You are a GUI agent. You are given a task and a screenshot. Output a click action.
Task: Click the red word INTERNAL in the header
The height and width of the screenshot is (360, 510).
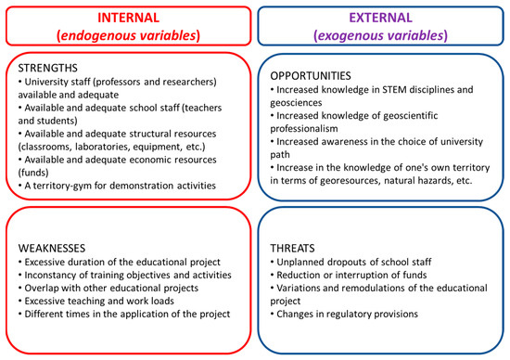(x=129, y=18)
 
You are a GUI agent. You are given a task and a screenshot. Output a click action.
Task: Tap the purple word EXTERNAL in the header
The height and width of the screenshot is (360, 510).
(x=380, y=18)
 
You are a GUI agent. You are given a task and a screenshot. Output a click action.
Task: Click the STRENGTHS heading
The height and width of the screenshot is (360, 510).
(x=48, y=68)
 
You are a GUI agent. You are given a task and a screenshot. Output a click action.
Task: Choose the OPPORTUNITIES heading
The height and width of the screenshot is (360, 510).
(x=311, y=76)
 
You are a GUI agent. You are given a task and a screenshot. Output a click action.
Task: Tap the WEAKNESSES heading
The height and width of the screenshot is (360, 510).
(x=52, y=249)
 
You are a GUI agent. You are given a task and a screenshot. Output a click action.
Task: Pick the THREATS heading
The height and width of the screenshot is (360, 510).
(x=292, y=249)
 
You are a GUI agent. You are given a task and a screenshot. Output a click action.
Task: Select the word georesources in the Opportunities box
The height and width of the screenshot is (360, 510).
(x=350, y=181)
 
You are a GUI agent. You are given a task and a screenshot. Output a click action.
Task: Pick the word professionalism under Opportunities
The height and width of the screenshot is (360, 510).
(x=304, y=129)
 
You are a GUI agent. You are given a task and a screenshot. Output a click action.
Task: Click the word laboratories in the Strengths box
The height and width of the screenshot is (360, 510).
(x=102, y=147)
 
